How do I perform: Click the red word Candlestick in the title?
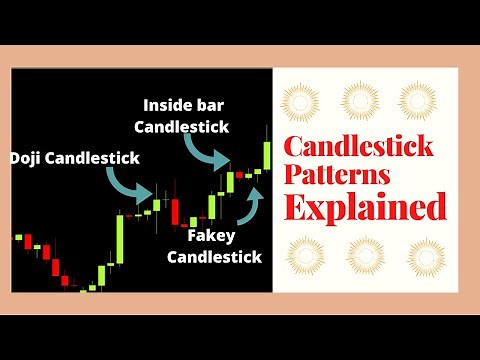[359, 147]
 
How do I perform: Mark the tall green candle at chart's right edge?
[267, 154]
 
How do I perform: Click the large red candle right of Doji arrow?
[175, 211]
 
